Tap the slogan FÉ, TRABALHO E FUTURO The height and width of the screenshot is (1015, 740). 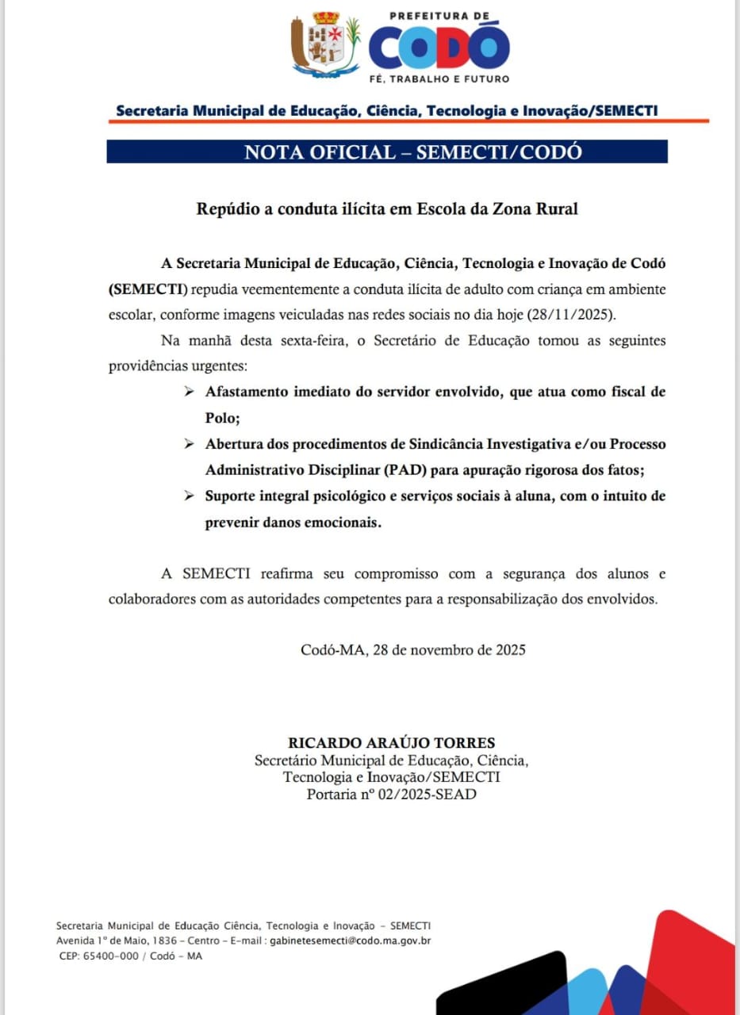click(x=439, y=79)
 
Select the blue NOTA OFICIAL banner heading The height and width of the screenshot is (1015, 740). click(x=387, y=152)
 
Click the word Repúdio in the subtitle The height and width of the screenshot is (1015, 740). click(x=223, y=209)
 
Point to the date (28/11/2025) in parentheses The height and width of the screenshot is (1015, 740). click(x=571, y=314)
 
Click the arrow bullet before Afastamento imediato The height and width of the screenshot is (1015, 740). click(x=189, y=392)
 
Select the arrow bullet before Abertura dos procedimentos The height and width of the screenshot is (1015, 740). click(x=189, y=444)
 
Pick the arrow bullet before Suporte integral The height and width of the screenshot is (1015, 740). click(x=189, y=496)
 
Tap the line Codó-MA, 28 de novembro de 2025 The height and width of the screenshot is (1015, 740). click(x=412, y=650)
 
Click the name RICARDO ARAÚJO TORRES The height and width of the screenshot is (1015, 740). click(x=392, y=743)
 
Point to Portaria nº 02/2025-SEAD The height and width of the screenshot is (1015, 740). click(x=392, y=794)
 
